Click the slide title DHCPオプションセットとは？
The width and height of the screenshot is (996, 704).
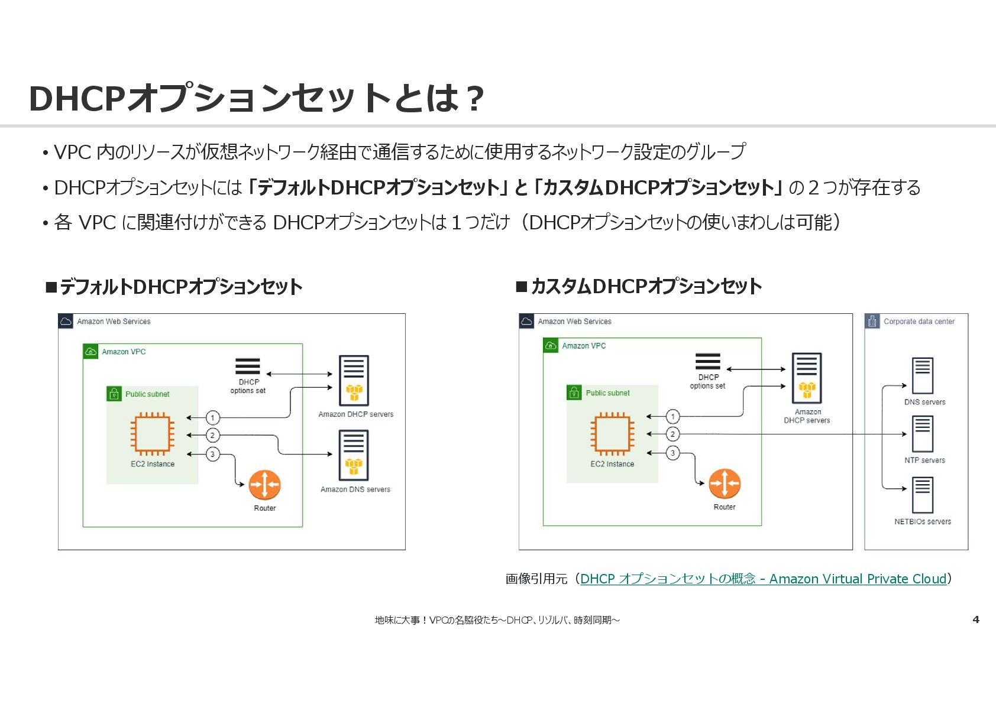point(256,98)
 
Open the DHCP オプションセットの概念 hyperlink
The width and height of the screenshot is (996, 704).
point(763,579)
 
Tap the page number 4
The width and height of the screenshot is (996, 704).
point(976,619)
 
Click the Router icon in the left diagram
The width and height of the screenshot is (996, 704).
point(264,485)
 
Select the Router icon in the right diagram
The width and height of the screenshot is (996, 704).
point(724,484)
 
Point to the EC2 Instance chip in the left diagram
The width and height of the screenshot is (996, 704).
point(153,434)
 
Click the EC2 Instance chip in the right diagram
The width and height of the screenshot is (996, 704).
point(612,433)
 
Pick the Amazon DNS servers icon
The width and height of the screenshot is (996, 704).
point(354,455)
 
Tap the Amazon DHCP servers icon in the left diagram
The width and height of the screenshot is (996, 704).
point(354,380)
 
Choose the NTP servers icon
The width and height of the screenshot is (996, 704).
point(923,434)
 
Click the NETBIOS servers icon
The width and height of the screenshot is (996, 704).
point(923,495)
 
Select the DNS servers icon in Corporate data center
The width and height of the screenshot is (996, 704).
point(923,376)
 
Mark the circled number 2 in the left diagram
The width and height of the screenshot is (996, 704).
point(213,436)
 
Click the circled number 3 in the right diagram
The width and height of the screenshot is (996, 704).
point(672,453)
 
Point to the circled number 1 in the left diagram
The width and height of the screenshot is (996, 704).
point(213,418)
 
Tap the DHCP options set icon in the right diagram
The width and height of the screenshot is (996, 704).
point(708,361)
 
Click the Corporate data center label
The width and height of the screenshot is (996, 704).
point(919,322)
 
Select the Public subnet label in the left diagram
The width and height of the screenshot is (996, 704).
point(147,394)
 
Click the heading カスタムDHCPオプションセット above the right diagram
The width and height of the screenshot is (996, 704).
point(646,287)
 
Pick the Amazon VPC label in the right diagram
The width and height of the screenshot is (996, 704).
point(584,346)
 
